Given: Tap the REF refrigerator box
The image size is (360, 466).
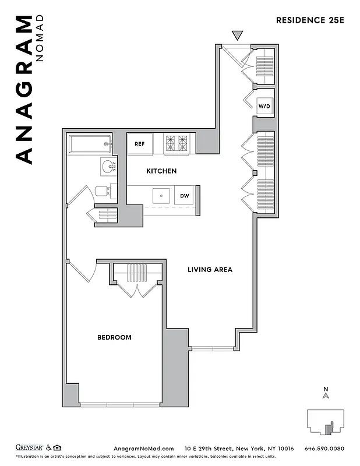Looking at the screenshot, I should point(140,144).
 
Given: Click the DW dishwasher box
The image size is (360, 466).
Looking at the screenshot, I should point(184,196).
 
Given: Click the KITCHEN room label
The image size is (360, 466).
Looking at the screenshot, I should point(161,171).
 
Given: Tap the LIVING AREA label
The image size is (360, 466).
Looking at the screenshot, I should point(210,270).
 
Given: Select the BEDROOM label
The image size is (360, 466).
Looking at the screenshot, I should point(114,337).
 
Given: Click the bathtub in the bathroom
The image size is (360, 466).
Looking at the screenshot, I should point(90,143).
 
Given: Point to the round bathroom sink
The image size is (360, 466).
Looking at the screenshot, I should point(108,168).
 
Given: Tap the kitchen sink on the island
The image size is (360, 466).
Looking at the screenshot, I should point(158,195).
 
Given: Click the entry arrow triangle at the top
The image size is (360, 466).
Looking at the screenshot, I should point(237,35).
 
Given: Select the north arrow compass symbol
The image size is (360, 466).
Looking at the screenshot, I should point(326,395).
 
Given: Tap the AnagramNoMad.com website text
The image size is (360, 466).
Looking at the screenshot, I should point(143,449).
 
